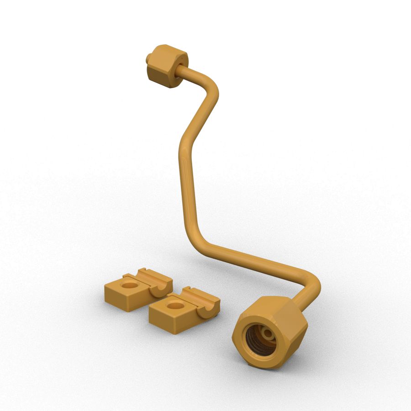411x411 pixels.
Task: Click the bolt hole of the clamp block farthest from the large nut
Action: click(130, 285)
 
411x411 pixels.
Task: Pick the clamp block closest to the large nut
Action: click(183, 311)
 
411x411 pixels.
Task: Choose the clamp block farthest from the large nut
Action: click(137, 290)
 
